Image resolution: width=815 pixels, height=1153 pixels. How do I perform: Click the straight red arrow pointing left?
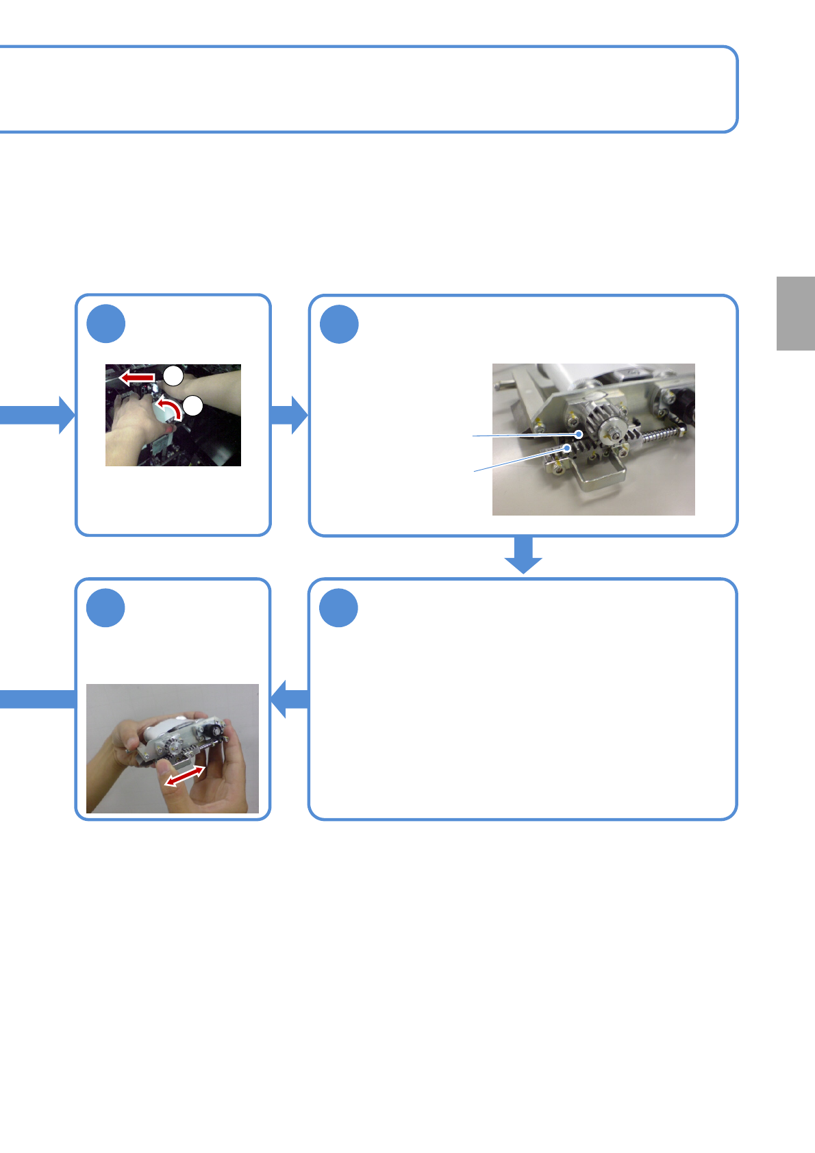click(136, 377)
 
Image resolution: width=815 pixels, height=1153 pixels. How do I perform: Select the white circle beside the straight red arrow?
click(173, 375)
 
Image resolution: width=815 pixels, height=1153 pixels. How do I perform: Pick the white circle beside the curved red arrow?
click(194, 405)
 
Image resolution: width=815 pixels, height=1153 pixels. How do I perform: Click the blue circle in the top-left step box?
click(106, 324)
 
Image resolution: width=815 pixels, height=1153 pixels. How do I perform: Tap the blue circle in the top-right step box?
click(340, 324)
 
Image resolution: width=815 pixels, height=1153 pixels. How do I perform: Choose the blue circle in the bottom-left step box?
click(106, 608)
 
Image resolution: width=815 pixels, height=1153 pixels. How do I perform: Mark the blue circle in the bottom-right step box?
click(340, 608)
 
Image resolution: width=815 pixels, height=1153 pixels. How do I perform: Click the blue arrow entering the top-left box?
click(38, 415)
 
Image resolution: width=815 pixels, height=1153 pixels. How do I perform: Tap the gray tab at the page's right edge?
click(795, 314)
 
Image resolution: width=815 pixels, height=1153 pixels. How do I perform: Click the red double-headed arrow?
click(185, 776)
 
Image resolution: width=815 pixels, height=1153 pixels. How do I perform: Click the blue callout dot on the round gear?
click(579, 434)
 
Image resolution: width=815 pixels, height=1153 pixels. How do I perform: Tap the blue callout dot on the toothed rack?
click(567, 447)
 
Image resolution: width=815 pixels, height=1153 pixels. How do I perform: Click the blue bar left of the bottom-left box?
click(38, 699)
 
